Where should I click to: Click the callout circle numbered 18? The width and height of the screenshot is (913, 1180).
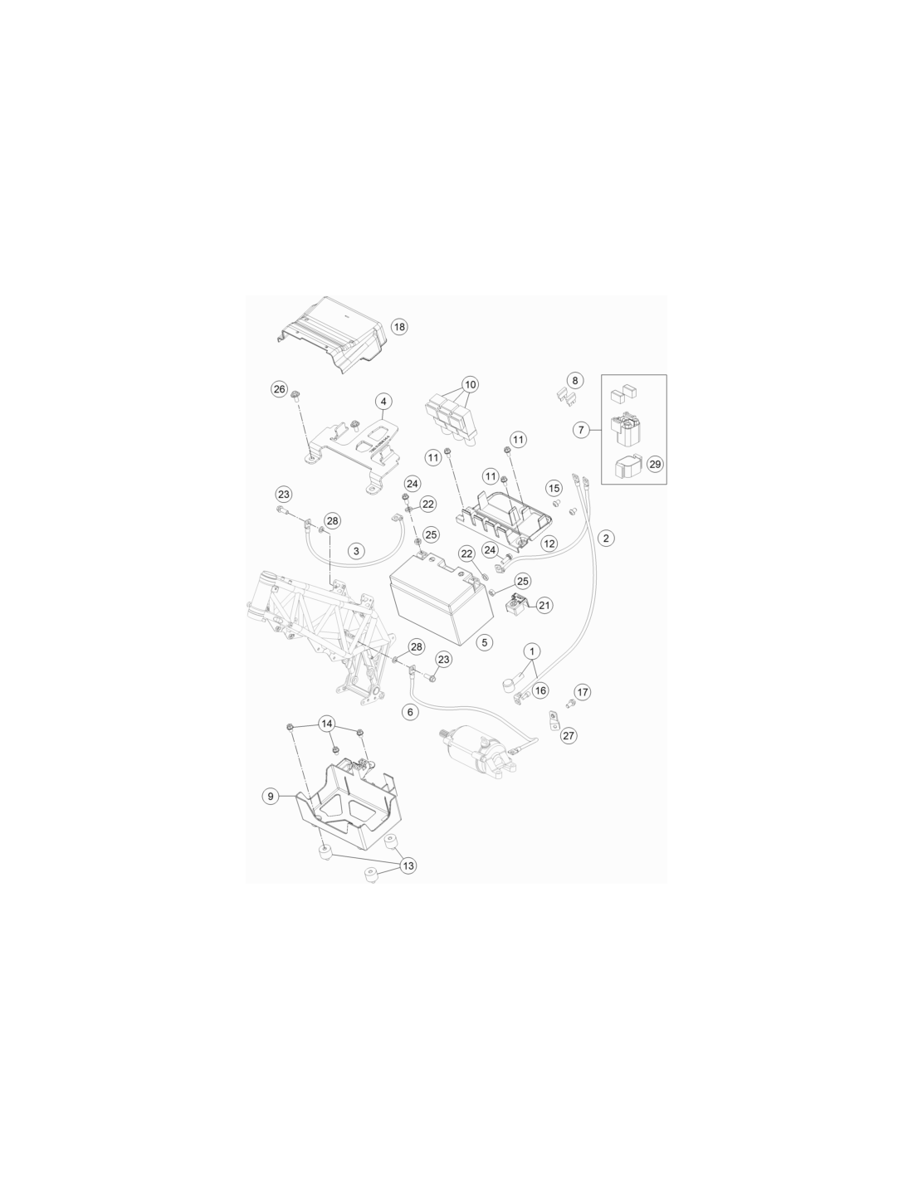399,327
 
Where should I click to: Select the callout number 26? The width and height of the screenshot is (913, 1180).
279,389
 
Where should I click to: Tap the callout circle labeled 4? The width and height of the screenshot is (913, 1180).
383,402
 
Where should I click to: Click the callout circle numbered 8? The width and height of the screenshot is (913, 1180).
574,381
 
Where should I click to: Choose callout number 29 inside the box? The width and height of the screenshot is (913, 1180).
655,465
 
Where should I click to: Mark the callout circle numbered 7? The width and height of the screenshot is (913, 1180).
581,430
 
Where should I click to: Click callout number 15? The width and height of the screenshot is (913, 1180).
554,488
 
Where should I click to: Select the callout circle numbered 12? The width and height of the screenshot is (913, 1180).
549,544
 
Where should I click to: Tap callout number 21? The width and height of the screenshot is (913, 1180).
544,605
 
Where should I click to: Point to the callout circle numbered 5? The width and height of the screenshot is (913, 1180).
484,642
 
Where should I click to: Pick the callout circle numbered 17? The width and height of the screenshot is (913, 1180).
582,692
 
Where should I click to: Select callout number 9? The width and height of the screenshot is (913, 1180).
271,797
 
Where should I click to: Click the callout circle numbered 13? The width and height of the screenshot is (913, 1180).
408,865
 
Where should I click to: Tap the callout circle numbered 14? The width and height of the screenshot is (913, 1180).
326,724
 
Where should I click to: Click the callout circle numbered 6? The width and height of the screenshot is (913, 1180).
410,712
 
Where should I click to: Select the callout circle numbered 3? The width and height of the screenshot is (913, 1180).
356,551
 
